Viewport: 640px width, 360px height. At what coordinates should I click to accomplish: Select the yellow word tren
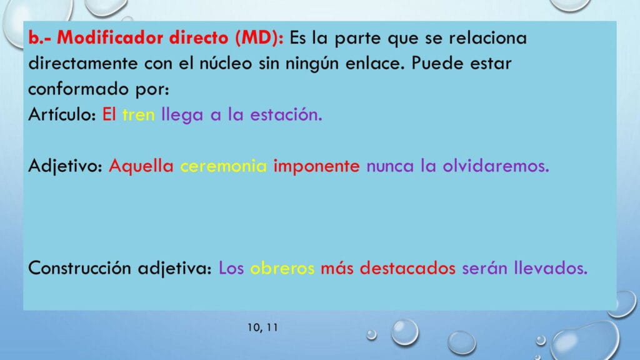pyautogui.click(x=139, y=115)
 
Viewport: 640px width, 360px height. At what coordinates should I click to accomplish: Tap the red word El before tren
pyautogui.click(x=109, y=114)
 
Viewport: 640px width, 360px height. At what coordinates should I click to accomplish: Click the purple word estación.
pyautogui.click(x=286, y=114)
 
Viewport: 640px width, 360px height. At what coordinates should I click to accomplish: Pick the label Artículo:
pyautogui.click(x=62, y=114)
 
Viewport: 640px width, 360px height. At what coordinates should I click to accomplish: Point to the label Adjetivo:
pyautogui.click(x=65, y=166)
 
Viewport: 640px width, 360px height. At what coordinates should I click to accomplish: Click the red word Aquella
pyautogui.click(x=141, y=166)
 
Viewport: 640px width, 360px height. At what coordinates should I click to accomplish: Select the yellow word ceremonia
pyautogui.click(x=223, y=166)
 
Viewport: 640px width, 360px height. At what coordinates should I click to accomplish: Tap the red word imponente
pyautogui.click(x=316, y=166)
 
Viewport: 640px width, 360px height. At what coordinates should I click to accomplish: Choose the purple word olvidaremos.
pyautogui.click(x=496, y=166)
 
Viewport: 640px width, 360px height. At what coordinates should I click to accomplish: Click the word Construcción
pyautogui.click(x=79, y=268)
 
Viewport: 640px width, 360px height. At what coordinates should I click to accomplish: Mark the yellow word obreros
pyautogui.click(x=282, y=268)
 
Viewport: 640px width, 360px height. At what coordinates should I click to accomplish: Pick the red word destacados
pyautogui.click(x=407, y=268)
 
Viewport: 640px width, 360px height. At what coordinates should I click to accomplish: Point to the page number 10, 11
pyautogui.click(x=262, y=327)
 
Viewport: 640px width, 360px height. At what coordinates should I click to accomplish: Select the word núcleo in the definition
pyautogui.click(x=226, y=63)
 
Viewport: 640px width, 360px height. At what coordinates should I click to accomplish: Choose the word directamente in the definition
pyautogui.click(x=83, y=63)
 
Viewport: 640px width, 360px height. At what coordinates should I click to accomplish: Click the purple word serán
pyautogui.click(x=484, y=268)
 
